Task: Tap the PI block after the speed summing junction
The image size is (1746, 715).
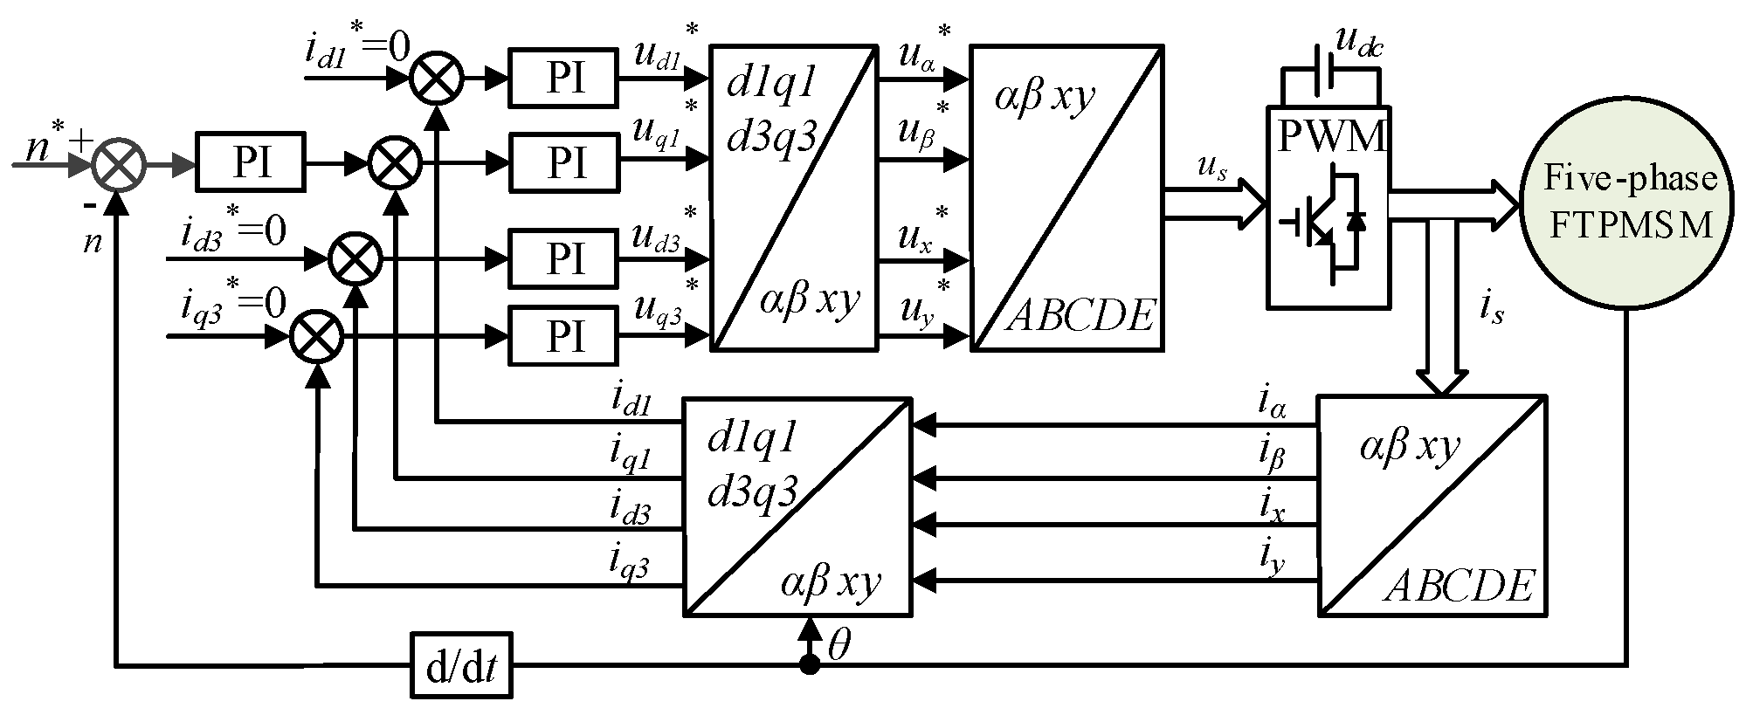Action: coord(251,162)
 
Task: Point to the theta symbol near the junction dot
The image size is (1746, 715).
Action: coord(840,645)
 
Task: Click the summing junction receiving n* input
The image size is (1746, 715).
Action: coord(120,162)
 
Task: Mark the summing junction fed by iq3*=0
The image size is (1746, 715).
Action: coord(315,334)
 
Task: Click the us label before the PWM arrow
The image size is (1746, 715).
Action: coord(1210,169)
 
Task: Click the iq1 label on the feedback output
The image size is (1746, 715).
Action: coord(630,455)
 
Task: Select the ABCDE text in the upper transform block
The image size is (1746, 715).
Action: coord(1080,315)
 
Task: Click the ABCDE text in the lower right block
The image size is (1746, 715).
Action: coord(1459,585)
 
